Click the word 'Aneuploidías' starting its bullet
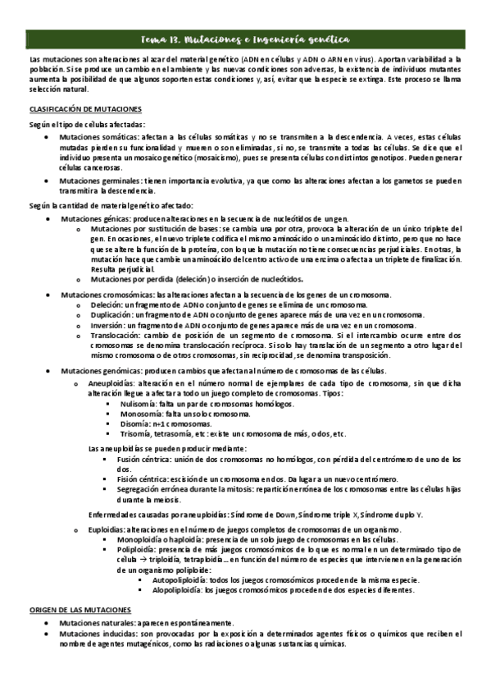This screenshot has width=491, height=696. coord(114,362)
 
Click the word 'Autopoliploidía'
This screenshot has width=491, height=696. coord(178,579)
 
